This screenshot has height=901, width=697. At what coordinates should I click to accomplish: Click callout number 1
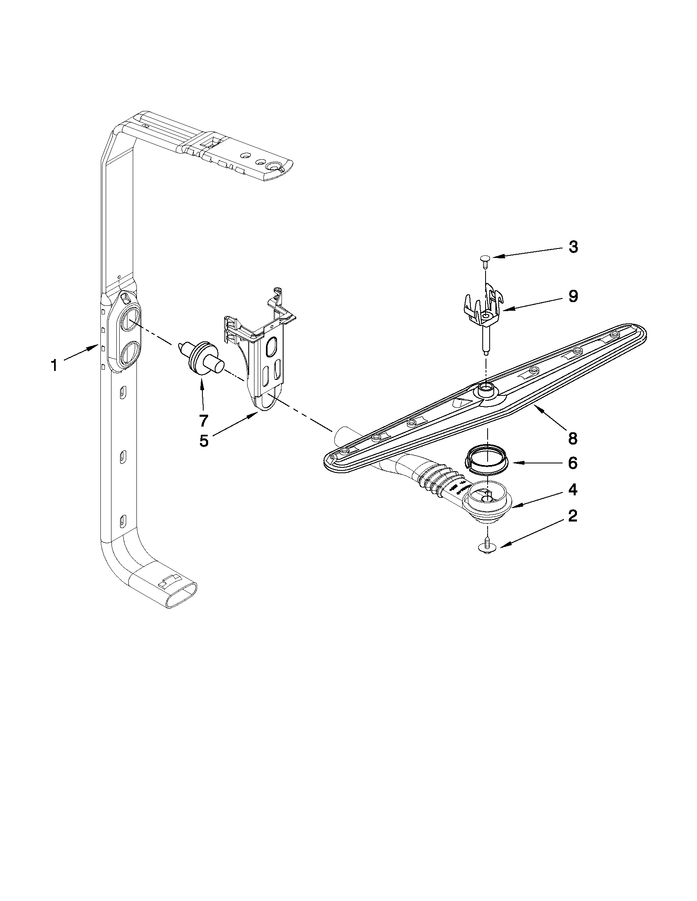54,365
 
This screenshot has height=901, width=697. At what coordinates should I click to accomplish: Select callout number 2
572,516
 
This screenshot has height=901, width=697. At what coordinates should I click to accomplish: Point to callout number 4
572,490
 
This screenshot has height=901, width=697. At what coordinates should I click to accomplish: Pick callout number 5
204,440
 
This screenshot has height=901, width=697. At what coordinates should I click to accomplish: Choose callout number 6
572,463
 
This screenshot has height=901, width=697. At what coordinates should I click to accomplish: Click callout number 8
572,438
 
